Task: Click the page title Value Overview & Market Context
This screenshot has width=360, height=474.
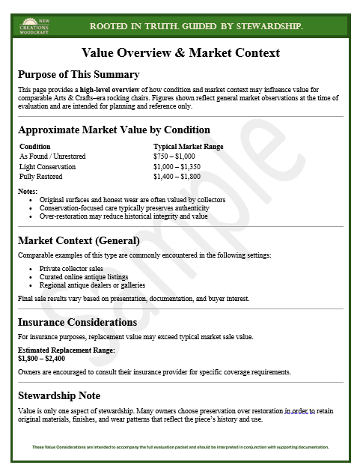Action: [x=180, y=52]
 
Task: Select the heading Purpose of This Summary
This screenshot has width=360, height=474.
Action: [x=79, y=74]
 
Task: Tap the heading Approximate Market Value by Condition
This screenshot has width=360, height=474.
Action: [x=114, y=130]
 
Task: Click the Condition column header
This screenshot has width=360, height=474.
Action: [x=35, y=147]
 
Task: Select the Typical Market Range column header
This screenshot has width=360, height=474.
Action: [x=188, y=147]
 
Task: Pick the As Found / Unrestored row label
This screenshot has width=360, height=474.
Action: [x=52, y=156]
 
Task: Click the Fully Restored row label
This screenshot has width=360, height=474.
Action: [x=41, y=177]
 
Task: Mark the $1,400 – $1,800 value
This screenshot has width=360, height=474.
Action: [x=177, y=177]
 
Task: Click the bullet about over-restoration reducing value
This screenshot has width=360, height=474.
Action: [x=123, y=216]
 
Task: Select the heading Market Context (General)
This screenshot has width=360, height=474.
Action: [x=79, y=240]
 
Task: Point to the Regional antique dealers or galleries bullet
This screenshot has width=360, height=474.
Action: [x=92, y=285]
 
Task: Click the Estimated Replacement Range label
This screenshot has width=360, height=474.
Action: [x=66, y=350]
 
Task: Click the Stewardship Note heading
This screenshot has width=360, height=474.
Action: [x=59, y=395]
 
